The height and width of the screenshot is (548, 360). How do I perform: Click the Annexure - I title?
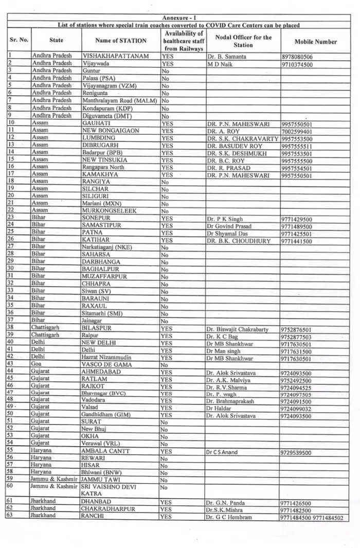pyautogui.click(x=179, y=17)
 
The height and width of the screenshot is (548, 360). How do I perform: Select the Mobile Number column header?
pyautogui.click(x=315, y=42)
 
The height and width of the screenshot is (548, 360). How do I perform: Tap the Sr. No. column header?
pyautogui.click(x=19, y=40)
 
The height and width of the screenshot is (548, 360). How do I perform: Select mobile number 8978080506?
pyautogui.click(x=304, y=57)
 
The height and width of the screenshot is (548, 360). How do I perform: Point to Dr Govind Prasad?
pyautogui.click(x=229, y=226)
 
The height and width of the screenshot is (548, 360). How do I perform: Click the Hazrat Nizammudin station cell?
pyautogui.click(x=107, y=357)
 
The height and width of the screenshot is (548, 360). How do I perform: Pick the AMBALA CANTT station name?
pyautogui.click(x=105, y=451)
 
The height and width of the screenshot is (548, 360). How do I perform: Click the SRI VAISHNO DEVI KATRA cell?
pyautogui.click(x=111, y=489)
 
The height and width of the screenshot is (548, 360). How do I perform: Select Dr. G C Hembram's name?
pyautogui.click(x=229, y=517)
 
